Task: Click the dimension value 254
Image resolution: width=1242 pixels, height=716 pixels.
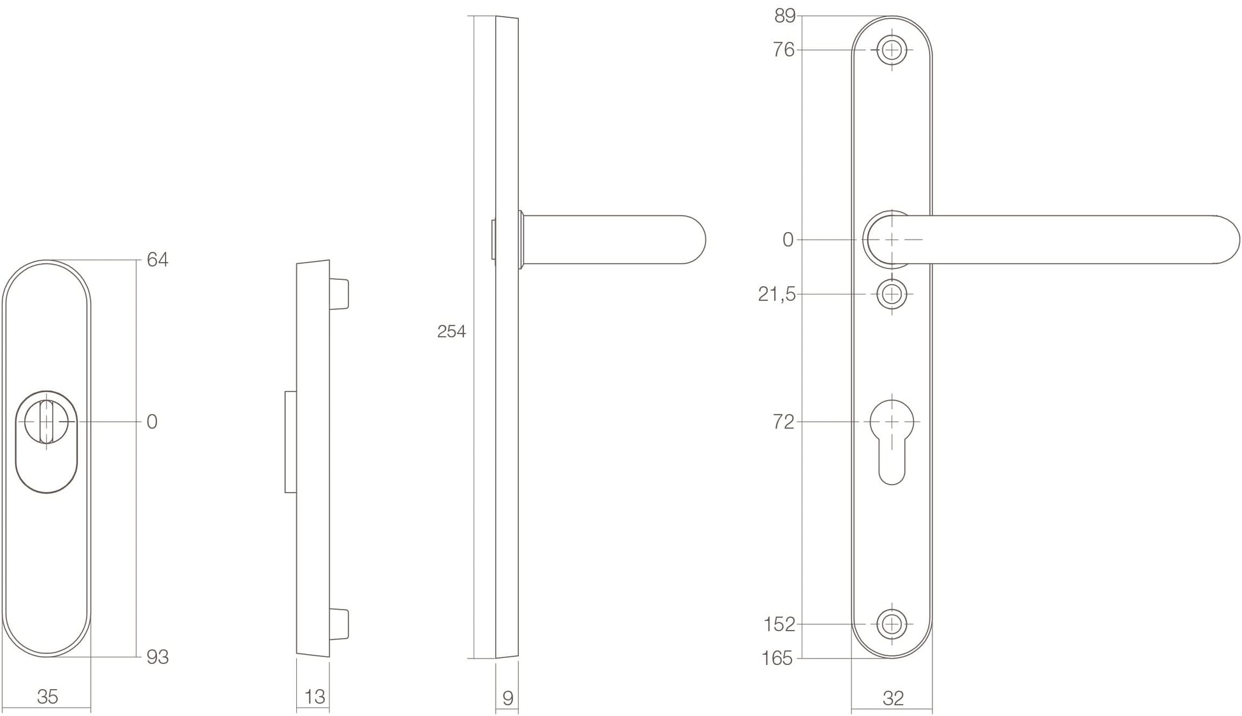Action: pyautogui.click(x=451, y=332)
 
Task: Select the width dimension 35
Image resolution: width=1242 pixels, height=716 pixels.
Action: pyautogui.click(x=48, y=697)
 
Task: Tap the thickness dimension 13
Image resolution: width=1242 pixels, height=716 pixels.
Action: pyautogui.click(x=314, y=697)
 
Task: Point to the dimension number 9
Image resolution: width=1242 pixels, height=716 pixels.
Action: pyautogui.click(x=508, y=698)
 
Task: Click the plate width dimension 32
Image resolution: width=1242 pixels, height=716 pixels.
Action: pyautogui.click(x=893, y=699)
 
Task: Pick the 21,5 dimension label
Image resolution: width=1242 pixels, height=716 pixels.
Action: pyautogui.click(x=777, y=295)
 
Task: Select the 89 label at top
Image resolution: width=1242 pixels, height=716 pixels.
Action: pyautogui.click(x=785, y=16)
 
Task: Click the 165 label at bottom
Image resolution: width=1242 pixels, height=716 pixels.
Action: pyautogui.click(x=777, y=658)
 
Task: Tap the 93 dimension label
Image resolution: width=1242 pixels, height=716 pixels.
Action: pyautogui.click(x=157, y=657)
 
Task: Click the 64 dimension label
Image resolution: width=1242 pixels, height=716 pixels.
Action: pyautogui.click(x=157, y=259)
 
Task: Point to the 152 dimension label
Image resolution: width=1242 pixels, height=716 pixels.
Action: pyautogui.click(x=779, y=624)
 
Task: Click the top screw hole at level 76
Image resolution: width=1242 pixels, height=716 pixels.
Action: pyautogui.click(x=892, y=50)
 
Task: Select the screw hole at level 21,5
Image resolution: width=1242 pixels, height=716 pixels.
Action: pyautogui.click(x=892, y=295)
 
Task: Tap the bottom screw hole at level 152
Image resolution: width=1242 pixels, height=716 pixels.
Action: pyautogui.click(x=892, y=624)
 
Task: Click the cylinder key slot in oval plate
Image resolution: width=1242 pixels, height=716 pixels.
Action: pyautogui.click(x=46, y=421)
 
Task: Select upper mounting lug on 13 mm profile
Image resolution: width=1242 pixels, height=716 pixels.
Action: pyautogui.click(x=339, y=294)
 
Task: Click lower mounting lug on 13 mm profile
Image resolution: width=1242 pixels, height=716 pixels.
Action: pyautogui.click(x=339, y=624)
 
